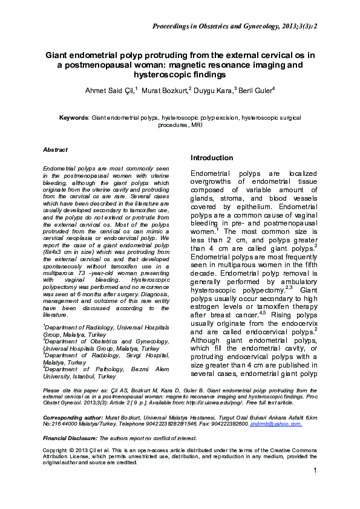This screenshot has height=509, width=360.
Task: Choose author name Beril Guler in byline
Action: pyautogui.click(x=255, y=90)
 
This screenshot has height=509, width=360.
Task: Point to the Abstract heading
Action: pyautogui.click(x=55, y=149)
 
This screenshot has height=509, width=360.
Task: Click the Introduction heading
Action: pyautogui.click(x=212, y=158)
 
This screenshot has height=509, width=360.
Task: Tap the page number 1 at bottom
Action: pyautogui.click(x=315, y=487)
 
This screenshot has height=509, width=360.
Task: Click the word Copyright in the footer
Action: pyautogui.click(x=56, y=451)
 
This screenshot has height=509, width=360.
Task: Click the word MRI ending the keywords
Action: pyautogui.click(x=197, y=125)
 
